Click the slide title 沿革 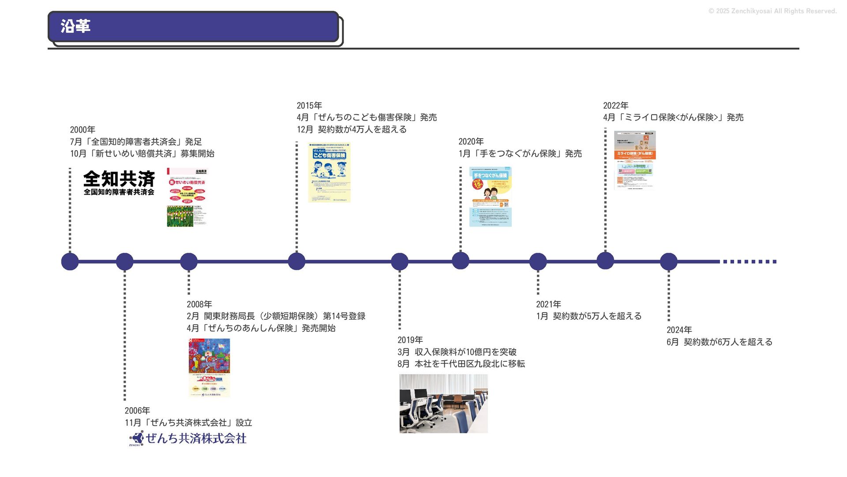click(75, 26)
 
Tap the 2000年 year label click(82, 130)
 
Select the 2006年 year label click(137, 411)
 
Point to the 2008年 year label click(199, 304)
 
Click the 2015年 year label click(309, 106)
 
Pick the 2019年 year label click(410, 340)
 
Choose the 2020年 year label click(471, 141)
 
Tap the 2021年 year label click(548, 304)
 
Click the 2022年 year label click(616, 106)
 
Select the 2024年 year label click(679, 330)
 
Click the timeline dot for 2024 click(668, 261)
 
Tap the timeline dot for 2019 click(400, 261)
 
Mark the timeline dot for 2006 click(125, 261)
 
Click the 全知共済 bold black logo click(119, 182)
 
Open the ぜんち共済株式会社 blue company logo click(188, 439)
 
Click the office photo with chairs click(443, 404)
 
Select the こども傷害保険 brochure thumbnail click(329, 172)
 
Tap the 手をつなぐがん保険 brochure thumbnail click(490, 197)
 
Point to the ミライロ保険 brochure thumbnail click(635, 160)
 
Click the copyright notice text click(772, 11)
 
